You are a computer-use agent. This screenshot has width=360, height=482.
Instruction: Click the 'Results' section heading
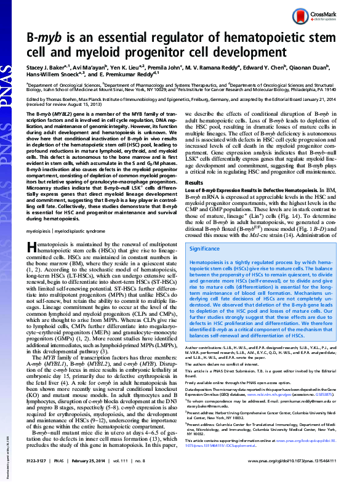195,183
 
